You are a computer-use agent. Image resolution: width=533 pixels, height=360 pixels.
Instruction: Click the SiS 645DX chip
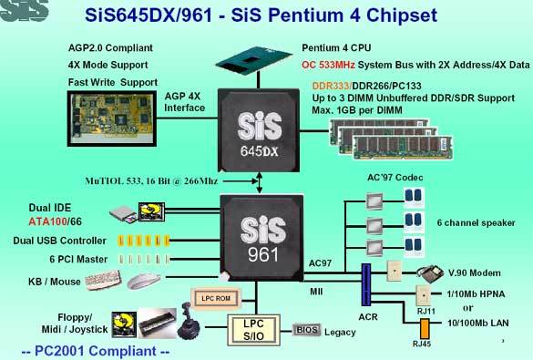tap(259, 130)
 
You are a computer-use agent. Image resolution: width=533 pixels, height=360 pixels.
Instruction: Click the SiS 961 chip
tap(261, 238)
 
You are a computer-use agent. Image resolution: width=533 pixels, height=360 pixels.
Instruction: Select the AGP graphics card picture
tap(112, 118)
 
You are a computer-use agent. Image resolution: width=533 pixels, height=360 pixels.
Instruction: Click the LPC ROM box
tap(216, 298)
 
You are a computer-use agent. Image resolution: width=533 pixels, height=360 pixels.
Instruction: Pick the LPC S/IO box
tap(253, 330)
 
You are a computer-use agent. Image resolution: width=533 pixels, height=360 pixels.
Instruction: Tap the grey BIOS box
tap(306, 329)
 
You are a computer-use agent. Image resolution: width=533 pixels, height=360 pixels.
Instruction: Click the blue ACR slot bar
tap(365, 284)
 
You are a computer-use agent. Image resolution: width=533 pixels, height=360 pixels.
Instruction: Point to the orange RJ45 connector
tap(425, 328)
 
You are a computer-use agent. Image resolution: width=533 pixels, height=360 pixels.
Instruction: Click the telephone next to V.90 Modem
tap(430, 273)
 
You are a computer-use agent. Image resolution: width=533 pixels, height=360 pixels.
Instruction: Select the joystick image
tap(189, 321)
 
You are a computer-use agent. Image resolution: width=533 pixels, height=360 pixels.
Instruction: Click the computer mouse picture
tap(144, 281)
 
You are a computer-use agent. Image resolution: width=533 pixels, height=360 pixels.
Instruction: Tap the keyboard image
tap(103, 280)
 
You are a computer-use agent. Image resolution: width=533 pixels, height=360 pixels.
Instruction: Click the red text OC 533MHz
tap(328, 65)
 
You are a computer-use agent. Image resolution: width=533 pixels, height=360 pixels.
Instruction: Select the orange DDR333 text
tap(331, 86)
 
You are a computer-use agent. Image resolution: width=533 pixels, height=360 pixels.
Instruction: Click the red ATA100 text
tap(47, 221)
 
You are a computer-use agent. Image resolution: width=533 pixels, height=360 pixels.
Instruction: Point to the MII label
tap(316, 292)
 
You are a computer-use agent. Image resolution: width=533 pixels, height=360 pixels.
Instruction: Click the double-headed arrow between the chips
tap(260, 182)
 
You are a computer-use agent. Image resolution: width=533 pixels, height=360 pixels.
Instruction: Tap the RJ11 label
tap(425, 311)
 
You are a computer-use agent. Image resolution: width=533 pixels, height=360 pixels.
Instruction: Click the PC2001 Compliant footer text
tap(96, 351)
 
